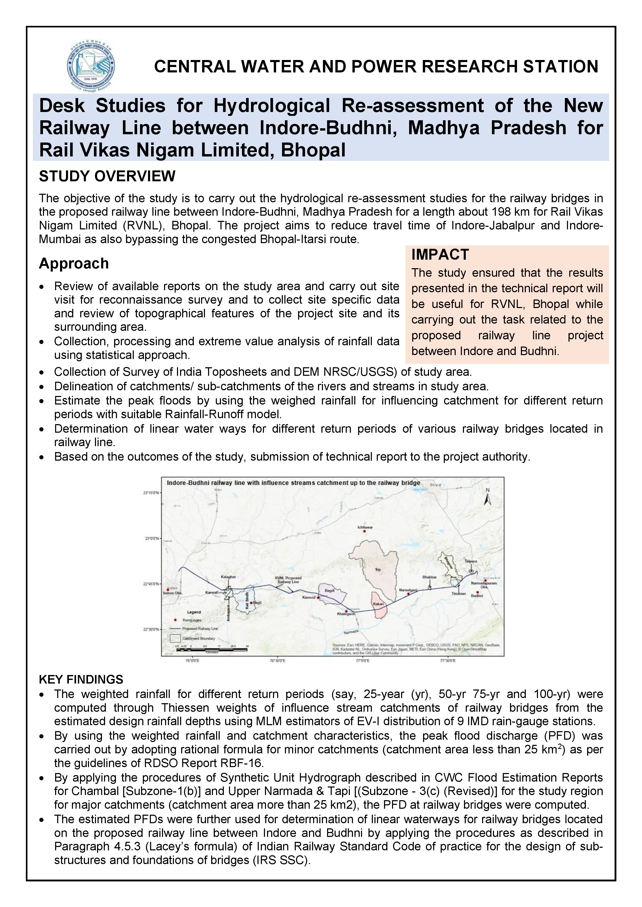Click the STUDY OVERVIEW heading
[107, 176]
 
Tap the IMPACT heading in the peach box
[440, 255]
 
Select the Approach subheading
[73, 264]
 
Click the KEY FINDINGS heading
[81, 679]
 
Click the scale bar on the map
[211, 649]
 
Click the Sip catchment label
[378, 570]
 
